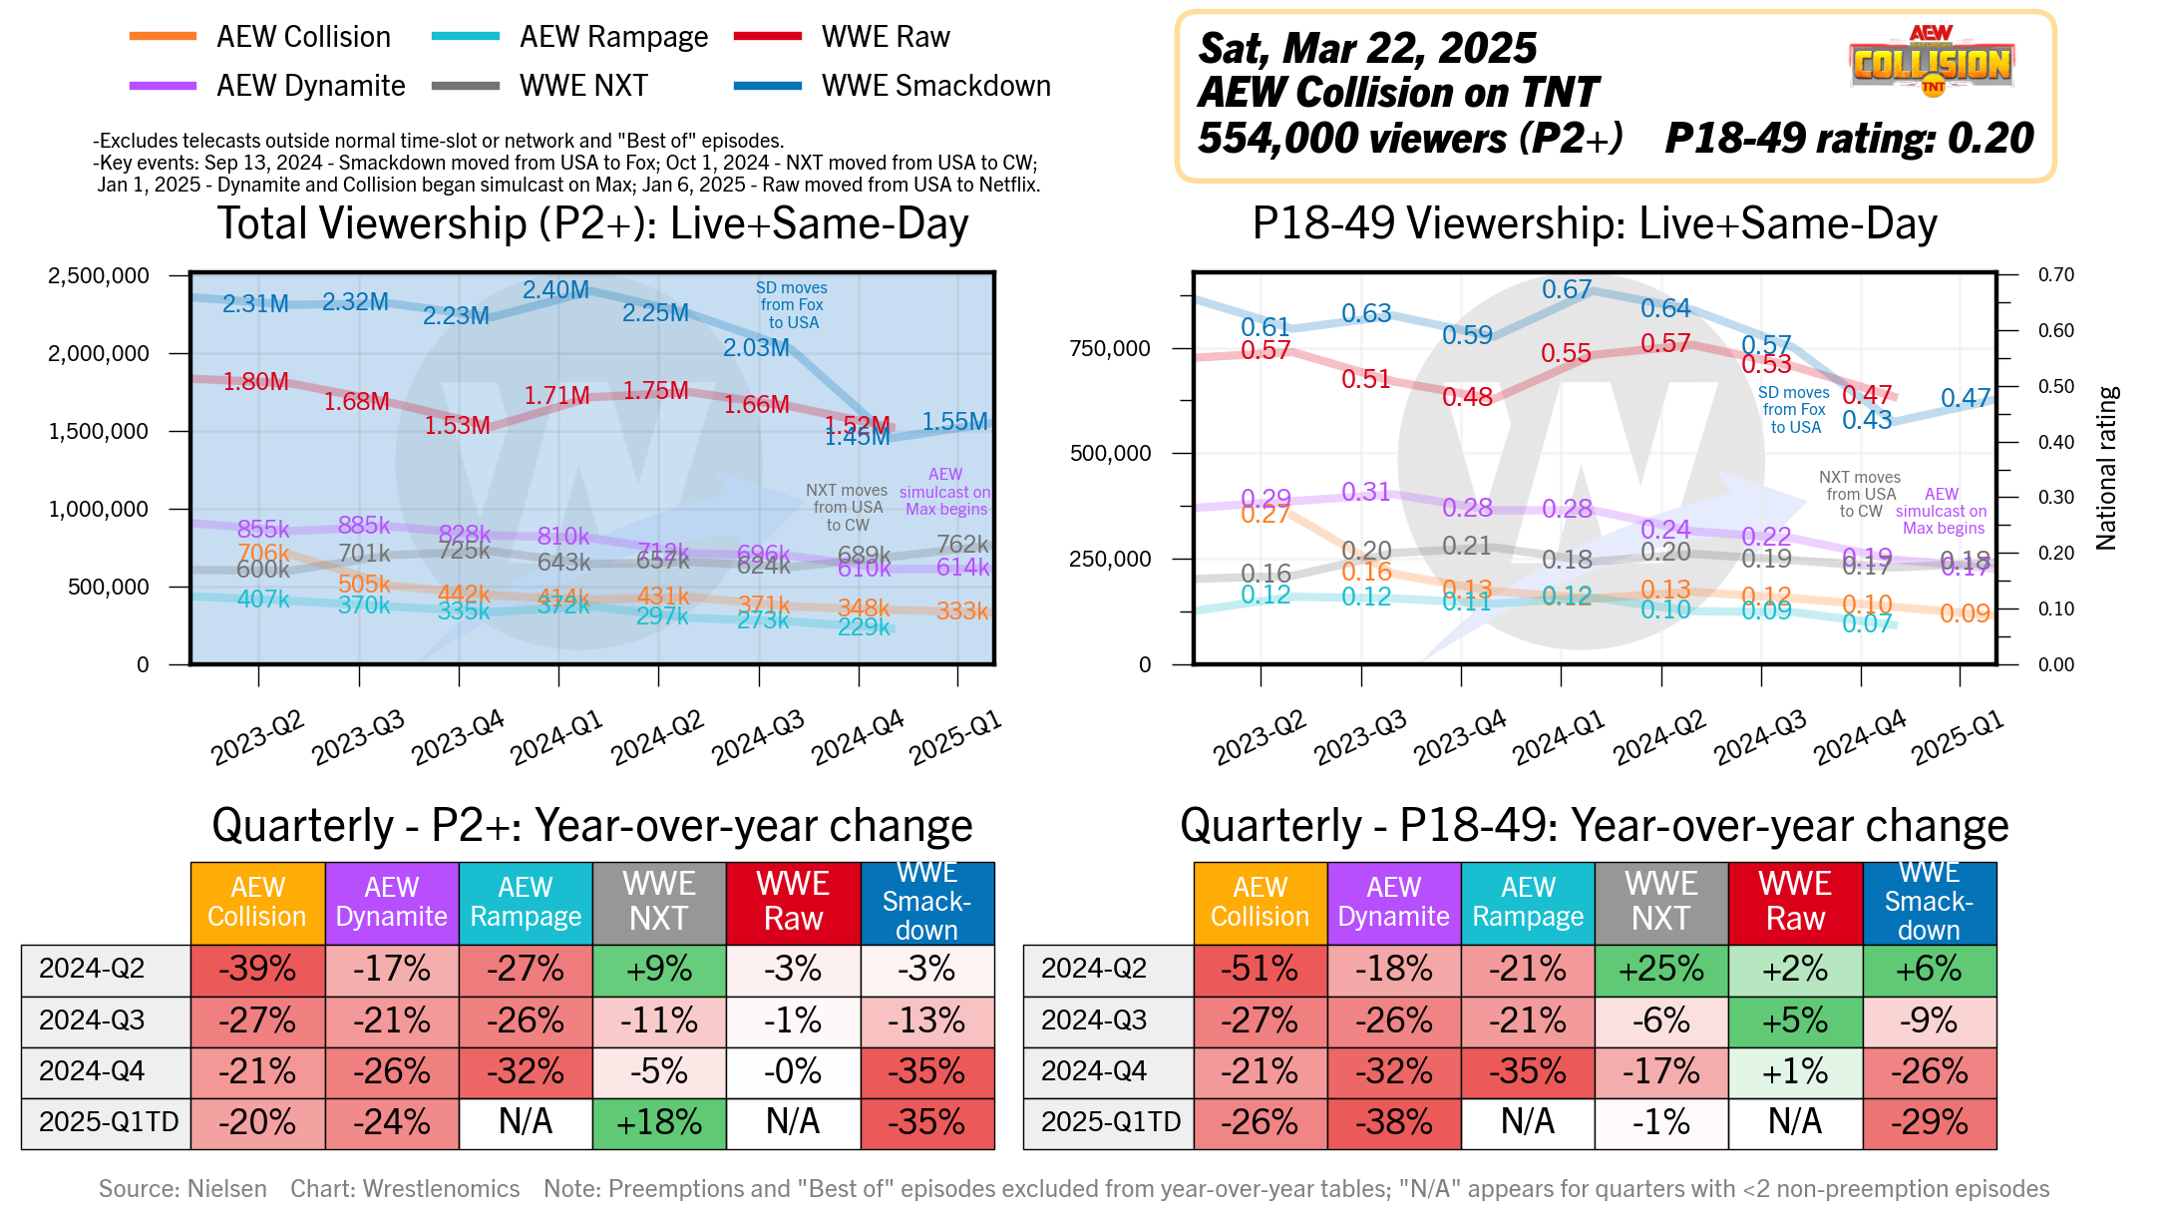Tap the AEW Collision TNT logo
(1932, 62)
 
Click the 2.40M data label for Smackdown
(555, 290)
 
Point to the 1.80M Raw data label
(255, 382)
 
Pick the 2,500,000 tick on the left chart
(98, 275)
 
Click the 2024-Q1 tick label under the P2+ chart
(556, 738)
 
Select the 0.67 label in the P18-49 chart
(1566, 289)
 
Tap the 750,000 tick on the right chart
(1109, 348)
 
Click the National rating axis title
(2106, 469)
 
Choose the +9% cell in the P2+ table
(659, 970)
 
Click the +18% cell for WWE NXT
(659, 1123)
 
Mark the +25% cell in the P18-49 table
(1661, 970)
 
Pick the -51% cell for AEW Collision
(1261, 970)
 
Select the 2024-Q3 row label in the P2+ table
(92, 1020)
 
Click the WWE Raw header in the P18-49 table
(1795, 902)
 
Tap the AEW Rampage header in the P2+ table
(526, 902)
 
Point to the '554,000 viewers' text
(1352, 139)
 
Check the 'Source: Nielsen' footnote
(182, 1189)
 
